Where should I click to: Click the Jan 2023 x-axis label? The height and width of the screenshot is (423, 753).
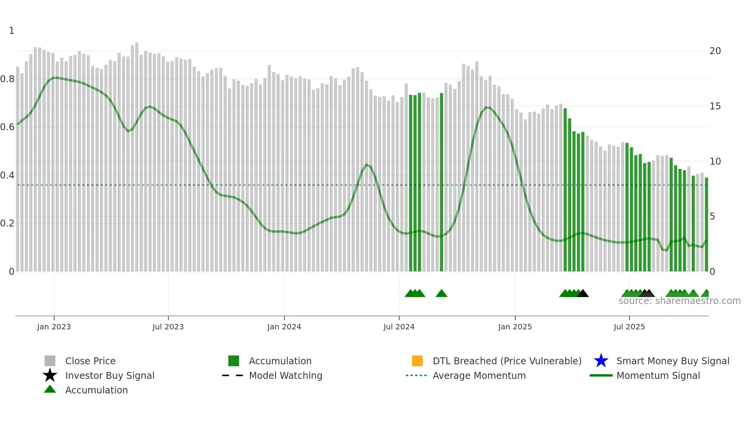point(54,327)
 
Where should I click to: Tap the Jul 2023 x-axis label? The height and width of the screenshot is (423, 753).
point(168,327)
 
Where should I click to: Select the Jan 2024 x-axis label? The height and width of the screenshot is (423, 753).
point(284,327)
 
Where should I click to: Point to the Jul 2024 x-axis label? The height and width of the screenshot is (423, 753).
point(399,327)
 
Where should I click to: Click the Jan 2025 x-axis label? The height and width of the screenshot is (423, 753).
point(515,327)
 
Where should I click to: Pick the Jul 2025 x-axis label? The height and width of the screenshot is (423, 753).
point(629,327)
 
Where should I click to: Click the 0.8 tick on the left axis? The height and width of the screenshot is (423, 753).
point(7,79)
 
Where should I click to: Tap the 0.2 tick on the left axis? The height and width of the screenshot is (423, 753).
point(7,223)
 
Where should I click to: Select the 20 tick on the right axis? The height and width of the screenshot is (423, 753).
point(715,51)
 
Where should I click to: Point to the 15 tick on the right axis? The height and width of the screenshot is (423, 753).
point(715,106)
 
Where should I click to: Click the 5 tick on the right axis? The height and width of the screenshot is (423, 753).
point(712,216)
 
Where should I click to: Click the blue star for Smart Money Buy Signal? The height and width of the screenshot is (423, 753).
point(601,361)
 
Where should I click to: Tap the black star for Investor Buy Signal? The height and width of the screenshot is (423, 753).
point(50,375)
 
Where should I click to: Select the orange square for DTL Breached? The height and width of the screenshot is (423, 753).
point(417,361)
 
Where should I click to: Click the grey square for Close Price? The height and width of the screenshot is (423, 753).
point(50,361)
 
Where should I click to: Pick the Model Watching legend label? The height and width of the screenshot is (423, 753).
point(285,375)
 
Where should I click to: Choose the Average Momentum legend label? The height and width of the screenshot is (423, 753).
point(479,375)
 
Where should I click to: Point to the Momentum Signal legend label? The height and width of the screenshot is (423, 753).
point(658,375)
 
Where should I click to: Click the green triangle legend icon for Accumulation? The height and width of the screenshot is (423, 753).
point(50,389)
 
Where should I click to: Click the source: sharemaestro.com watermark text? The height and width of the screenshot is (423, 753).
point(679,301)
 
